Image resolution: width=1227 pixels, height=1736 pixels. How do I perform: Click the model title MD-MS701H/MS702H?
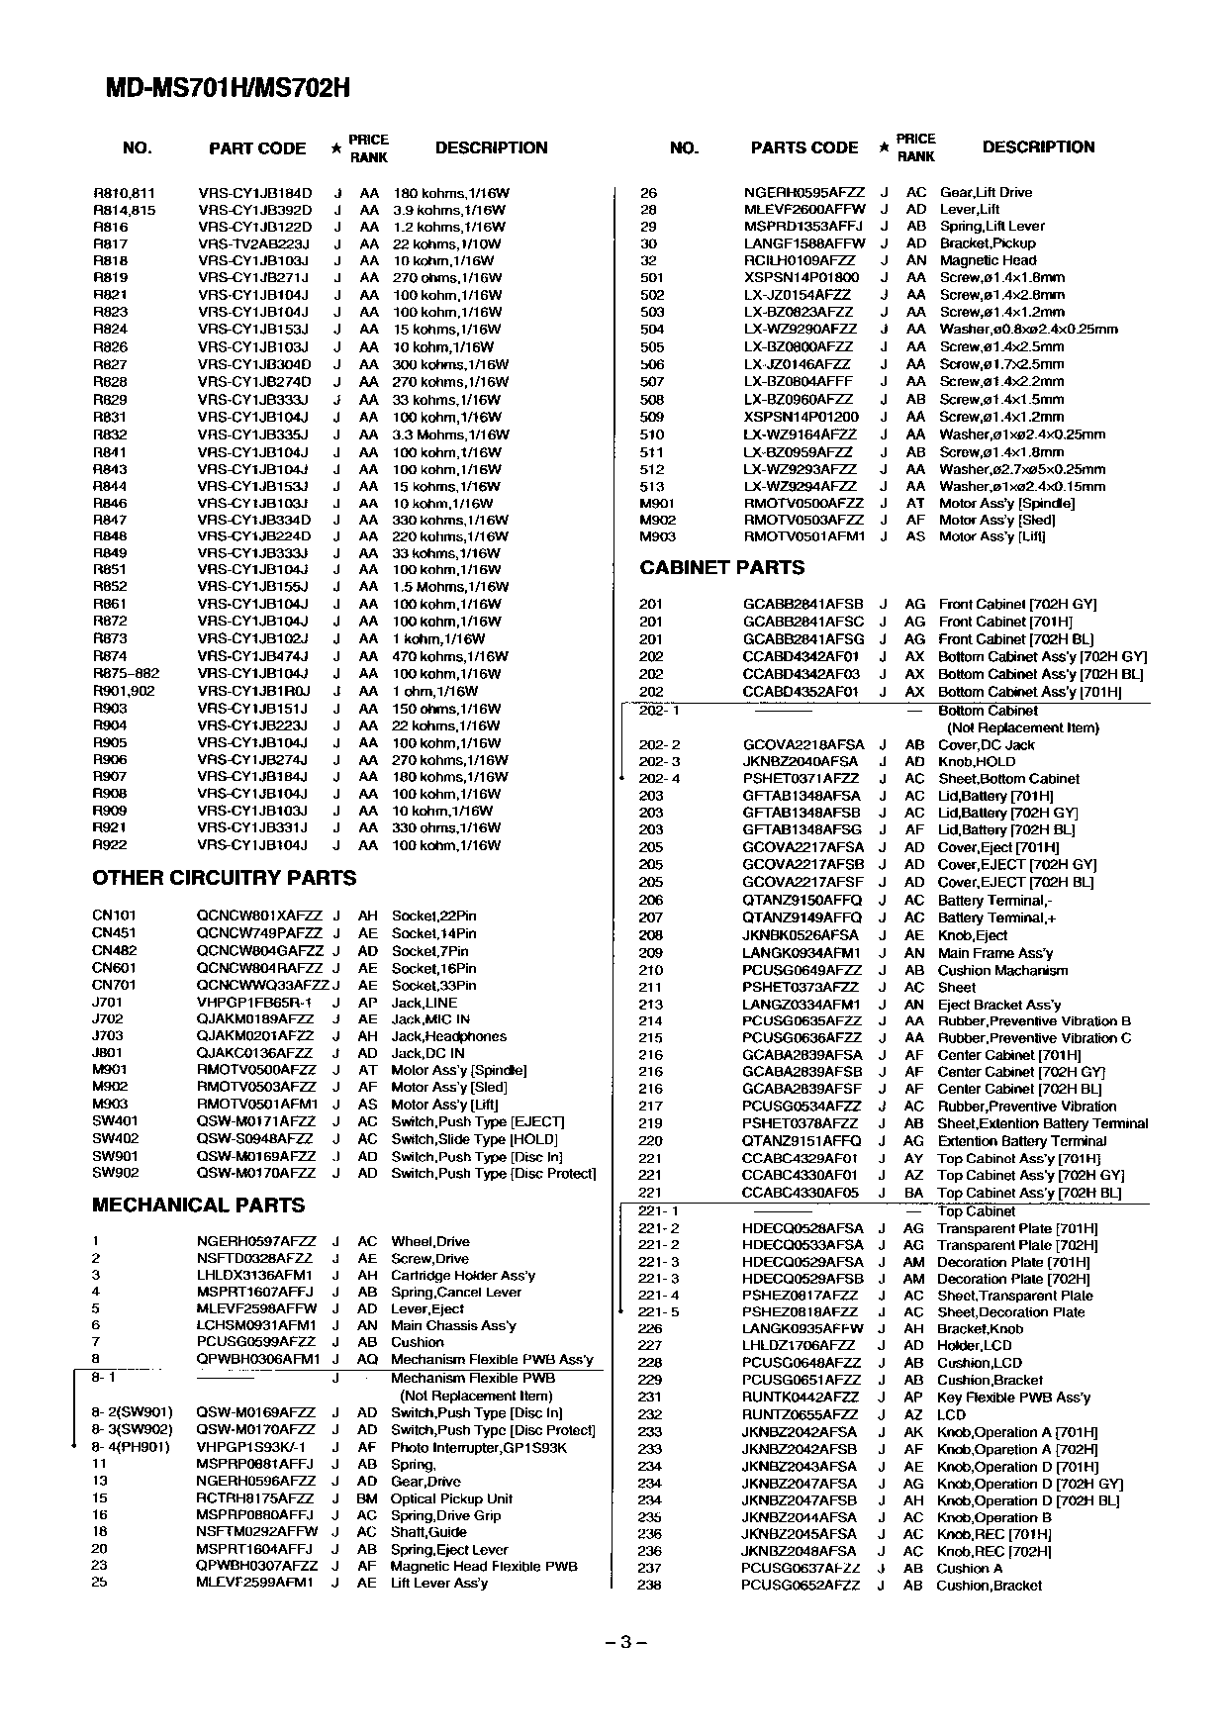[228, 89]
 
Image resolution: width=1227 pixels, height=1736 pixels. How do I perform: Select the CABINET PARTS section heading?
[721, 568]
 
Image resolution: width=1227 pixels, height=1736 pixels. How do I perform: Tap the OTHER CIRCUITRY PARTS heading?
[224, 878]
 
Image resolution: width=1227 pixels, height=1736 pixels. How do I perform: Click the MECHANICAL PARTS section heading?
[198, 1206]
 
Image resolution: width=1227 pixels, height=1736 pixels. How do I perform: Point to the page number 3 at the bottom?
[624, 1643]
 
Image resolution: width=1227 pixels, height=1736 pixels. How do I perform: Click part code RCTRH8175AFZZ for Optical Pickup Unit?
[255, 1498]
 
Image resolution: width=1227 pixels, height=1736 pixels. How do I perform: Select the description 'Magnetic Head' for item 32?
[988, 260]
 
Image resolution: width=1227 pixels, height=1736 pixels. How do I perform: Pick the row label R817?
[110, 243]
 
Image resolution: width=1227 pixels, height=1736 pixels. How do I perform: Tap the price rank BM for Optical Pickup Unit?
[367, 1498]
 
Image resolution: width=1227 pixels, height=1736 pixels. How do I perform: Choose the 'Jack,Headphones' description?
[448, 1036]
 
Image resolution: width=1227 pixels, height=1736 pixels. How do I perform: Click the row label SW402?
[115, 1139]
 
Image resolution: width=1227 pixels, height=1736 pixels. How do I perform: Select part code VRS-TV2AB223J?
[253, 243]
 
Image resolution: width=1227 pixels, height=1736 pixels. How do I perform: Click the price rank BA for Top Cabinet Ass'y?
[913, 1194]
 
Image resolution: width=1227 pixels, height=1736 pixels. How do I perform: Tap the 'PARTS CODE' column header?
[803, 148]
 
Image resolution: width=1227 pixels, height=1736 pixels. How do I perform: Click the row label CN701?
[114, 986]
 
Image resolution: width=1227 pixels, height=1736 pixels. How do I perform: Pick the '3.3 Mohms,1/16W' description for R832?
[450, 434]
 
